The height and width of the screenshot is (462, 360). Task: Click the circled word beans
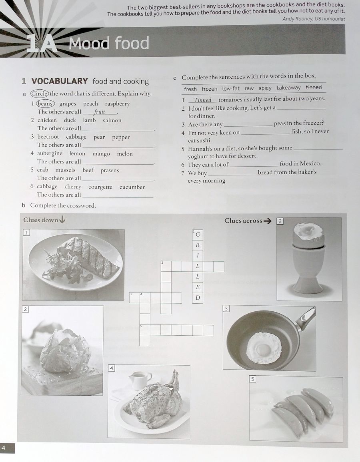(45, 104)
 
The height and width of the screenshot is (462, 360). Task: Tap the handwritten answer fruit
(99, 112)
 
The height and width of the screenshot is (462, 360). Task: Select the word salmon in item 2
(112, 120)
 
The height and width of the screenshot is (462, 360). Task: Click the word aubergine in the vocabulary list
(50, 153)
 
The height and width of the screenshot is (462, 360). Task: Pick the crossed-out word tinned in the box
(314, 88)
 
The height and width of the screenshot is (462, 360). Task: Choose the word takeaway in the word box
(288, 88)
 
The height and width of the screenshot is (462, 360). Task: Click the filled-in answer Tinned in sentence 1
(203, 100)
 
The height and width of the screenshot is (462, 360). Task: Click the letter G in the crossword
(198, 235)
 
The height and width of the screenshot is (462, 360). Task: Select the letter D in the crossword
(198, 298)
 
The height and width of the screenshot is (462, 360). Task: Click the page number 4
(4, 448)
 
